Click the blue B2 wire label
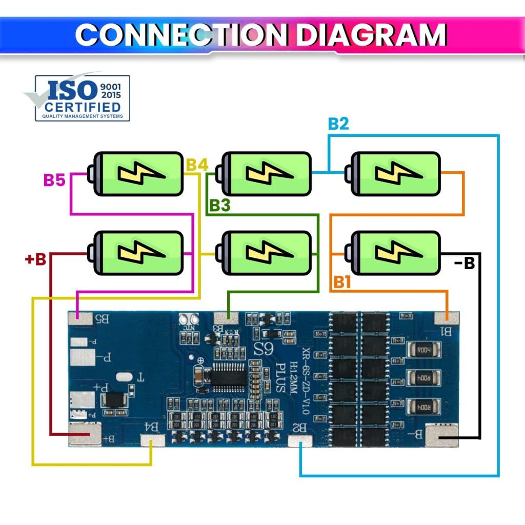click(x=338, y=124)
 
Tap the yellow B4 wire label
click(x=197, y=165)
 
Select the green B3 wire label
click(x=219, y=205)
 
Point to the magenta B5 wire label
click(x=55, y=180)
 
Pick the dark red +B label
click(x=36, y=259)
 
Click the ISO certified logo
click(x=82, y=98)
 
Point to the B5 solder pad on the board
click(x=81, y=318)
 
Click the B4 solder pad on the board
click(x=152, y=440)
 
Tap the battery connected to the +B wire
click(x=137, y=253)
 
